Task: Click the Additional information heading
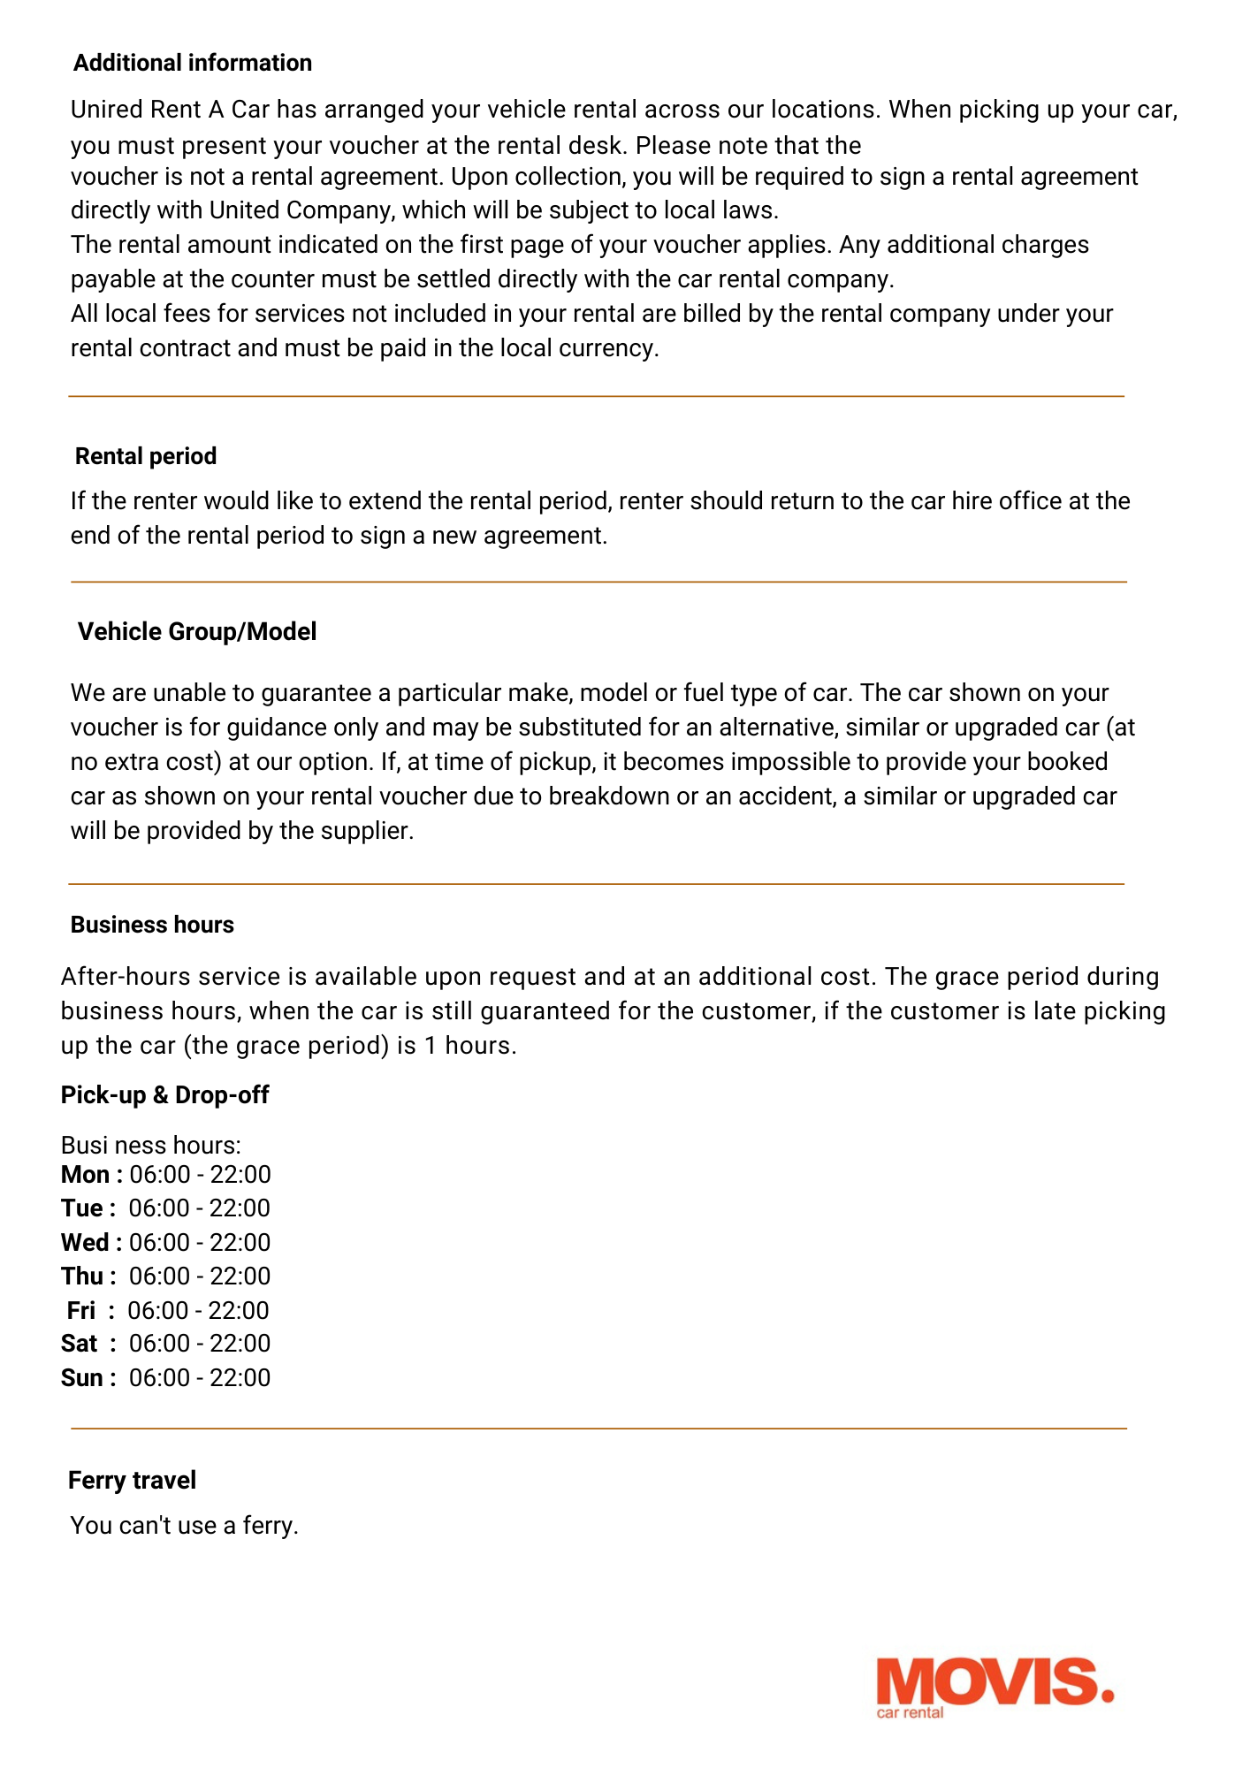pyautogui.click(x=193, y=63)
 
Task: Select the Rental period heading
pyautogui.click(x=146, y=456)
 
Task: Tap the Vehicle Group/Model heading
pyautogui.click(x=197, y=632)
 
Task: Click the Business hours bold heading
pyautogui.click(x=152, y=925)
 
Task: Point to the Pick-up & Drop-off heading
pyautogui.click(x=164, y=1095)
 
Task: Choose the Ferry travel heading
pyautogui.click(x=132, y=1481)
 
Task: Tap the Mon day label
pyautogui.click(x=86, y=1175)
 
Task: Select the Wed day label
pyautogui.click(x=86, y=1243)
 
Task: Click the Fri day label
pyautogui.click(x=81, y=1310)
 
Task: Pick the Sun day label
pyautogui.click(x=82, y=1378)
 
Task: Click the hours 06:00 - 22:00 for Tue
pyautogui.click(x=200, y=1208)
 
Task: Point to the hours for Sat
pyautogui.click(x=200, y=1344)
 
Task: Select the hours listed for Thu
pyautogui.click(x=200, y=1276)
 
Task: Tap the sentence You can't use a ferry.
pyautogui.click(x=185, y=1526)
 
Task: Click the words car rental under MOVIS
pyautogui.click(x=910, y=1713)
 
